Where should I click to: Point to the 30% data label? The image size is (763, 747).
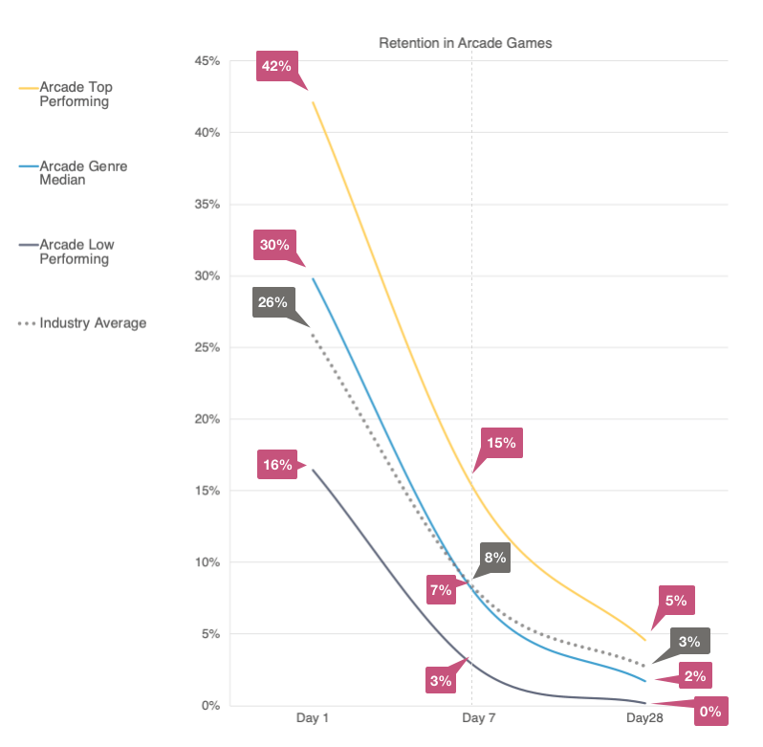[274, 245]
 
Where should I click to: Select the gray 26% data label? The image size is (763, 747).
[272, 302]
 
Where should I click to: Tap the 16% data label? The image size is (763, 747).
[277, 466]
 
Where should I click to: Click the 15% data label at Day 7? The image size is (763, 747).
[501, 443]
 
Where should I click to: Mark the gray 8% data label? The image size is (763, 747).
[494, 558]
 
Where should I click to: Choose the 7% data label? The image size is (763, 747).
[441, 590]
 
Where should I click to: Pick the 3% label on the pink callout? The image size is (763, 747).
[441, 681]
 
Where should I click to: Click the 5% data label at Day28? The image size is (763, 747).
[676, 601]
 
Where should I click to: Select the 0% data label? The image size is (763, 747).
[710, 712]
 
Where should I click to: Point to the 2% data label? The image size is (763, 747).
[695, 676]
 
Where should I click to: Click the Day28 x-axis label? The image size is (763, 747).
[644, 716]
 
